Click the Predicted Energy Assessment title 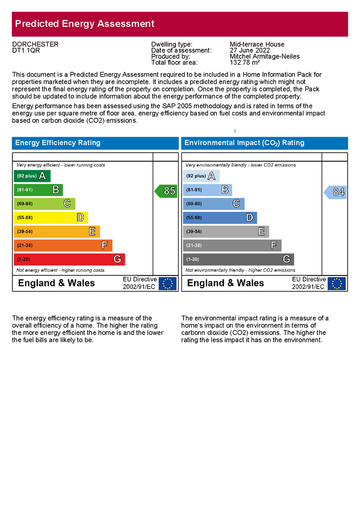tap(85, 24)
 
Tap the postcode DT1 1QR tap(26, 51)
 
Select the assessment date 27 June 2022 tap(250, 50)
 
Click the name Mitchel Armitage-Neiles tap(265, 57)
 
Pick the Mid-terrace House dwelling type tap(257, 44)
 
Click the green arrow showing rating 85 tap(166, 191)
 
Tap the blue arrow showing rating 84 tap(336, 192)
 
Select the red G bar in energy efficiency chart tap(69, 259)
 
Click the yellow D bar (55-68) tap(51, 217)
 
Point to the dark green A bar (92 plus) tap(32, 175)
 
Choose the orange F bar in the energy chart tap(63, 245)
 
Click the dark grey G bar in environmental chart tap(238, 259)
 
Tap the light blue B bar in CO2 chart tap(207, 189)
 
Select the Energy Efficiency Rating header tap(58, 143)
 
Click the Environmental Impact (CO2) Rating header tap(244, 143)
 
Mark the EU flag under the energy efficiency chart tap(168, 283)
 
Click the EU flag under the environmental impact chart tap(337, 283)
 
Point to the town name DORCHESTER tap(35, 44)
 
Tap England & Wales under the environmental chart tap(225, 283)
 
